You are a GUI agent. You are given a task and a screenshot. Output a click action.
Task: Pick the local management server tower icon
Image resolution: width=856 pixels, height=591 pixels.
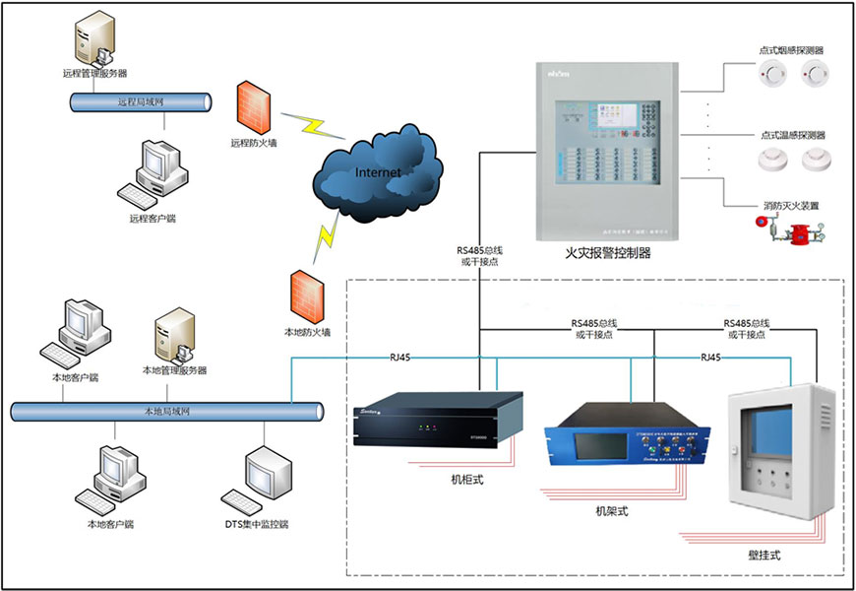coord(174,335)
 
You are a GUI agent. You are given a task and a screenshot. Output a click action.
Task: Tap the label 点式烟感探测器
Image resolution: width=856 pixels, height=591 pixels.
coord(791,50)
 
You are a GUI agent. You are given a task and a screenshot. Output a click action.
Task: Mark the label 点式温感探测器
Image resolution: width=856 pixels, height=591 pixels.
coord(792,135)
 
